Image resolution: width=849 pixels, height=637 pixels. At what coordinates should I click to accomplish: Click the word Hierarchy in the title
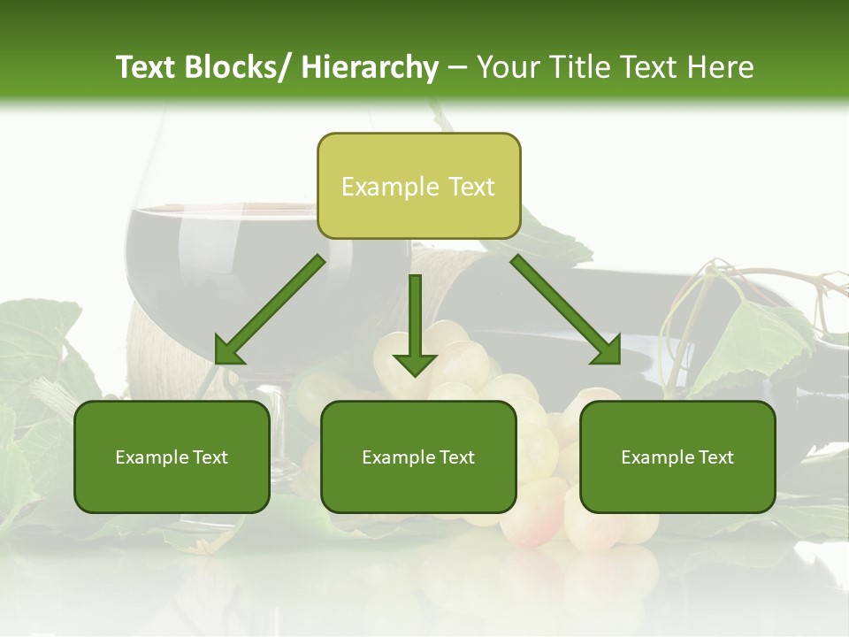click(370, 67)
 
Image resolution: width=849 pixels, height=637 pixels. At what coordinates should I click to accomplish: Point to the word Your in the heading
click(508, 67)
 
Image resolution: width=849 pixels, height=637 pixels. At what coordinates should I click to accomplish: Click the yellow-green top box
click(418, 186)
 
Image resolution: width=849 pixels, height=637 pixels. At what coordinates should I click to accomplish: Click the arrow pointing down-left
click(270, 310)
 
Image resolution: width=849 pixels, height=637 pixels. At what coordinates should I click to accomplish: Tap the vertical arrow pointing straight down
click(415, 324)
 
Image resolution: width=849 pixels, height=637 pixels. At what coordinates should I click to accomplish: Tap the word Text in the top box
click(470, 187)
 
